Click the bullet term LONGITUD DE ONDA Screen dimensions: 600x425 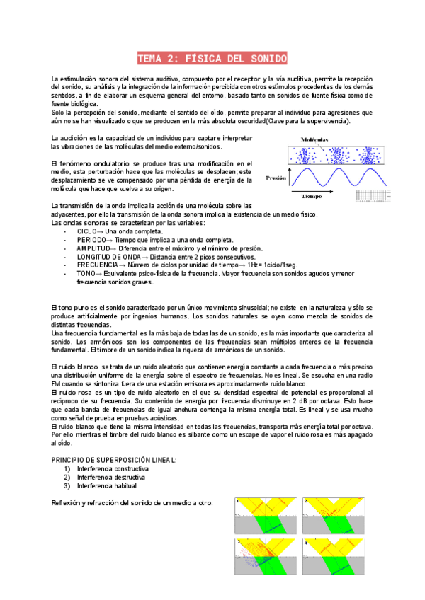click(x=103, y=257)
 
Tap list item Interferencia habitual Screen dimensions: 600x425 click(x=107, y=485)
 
